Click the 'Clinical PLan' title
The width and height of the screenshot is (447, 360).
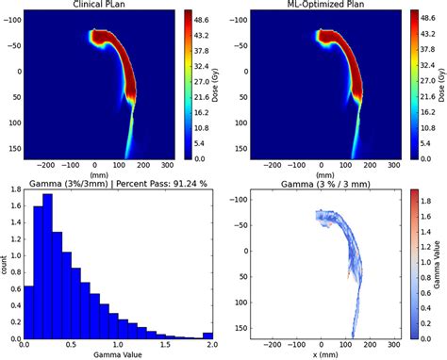point(103,5)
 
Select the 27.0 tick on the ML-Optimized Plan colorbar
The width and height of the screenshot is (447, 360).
point(417,82)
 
